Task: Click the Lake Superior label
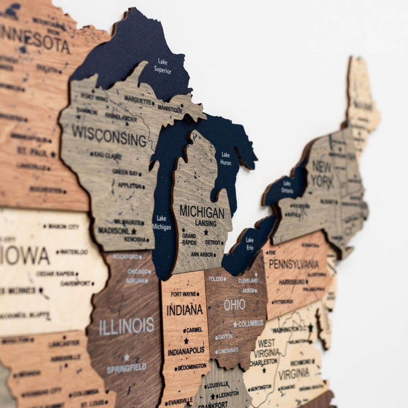pyautogui.click(x=163, y=66)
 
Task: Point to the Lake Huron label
pyautogui.click(x=225, y=159)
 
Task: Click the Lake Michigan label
pyautogui.click(x=162, y=222)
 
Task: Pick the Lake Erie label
pyautogui.click(x=249, y=243)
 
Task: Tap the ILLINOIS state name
pyautogui.click(x=126, y=325)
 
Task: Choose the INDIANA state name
pyautogui.click(x=185, y=310)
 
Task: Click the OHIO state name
pyautogui.click(x=235, y=305)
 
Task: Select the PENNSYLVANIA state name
pyautogui.click(x=293, y=264)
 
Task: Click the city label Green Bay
pyautogui.click(x=126, y=172)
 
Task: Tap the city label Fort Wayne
pyautogui.click(x=185, y=294)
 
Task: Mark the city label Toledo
pyautogui.click(x=217, y=279)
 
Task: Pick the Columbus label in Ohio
pyautogui.click(x=250, y=323)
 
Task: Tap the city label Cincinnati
pyautogui.click(x=227, y=351)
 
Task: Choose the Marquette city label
pyautogui.click(x=138, y=100)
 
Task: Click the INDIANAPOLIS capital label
pyautogui.click(x=186, y=351)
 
